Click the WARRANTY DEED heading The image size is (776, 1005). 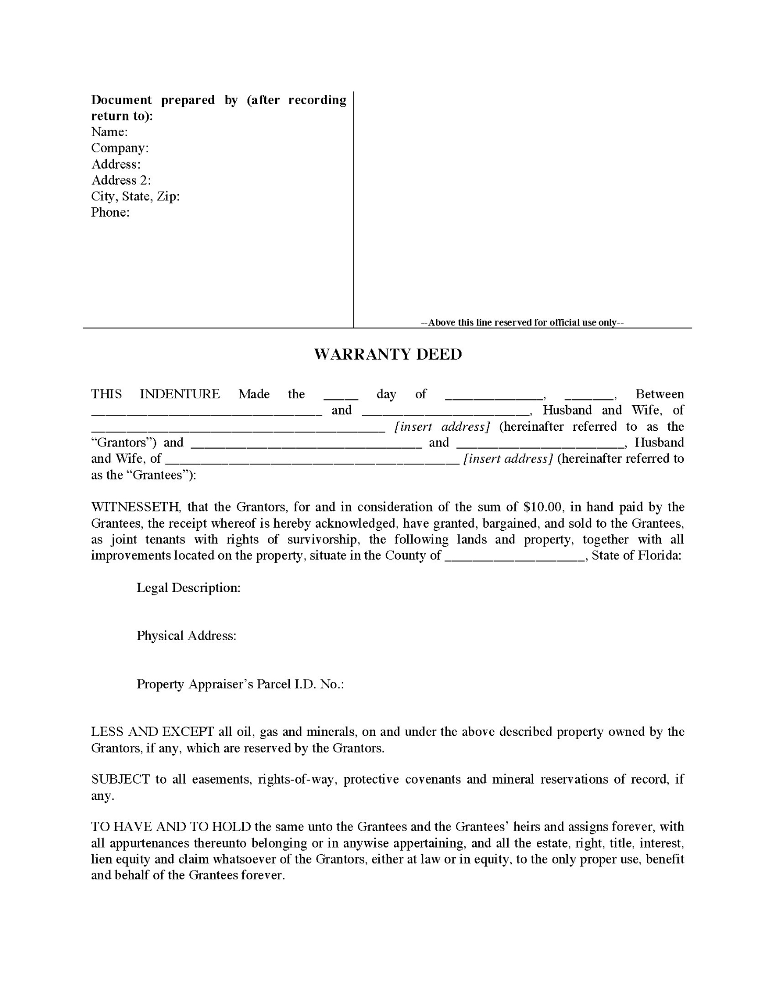[388, 354]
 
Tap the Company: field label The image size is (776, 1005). [120, 148]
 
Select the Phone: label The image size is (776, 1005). [110, 213]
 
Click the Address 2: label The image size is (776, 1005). [121, 181]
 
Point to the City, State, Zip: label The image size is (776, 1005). [135, 197]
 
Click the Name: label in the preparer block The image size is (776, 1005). [109, 132]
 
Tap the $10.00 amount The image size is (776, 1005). [542, 507]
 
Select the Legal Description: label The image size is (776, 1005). [188, 588]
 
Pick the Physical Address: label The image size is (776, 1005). [186, 636]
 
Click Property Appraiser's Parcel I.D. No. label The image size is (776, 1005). [240, 685]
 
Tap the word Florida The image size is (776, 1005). [660, 555]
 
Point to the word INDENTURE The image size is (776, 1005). [179, 394]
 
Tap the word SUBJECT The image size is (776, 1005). [120, 779]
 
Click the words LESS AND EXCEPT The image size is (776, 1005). [152, 732]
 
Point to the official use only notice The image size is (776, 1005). [522, 322]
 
